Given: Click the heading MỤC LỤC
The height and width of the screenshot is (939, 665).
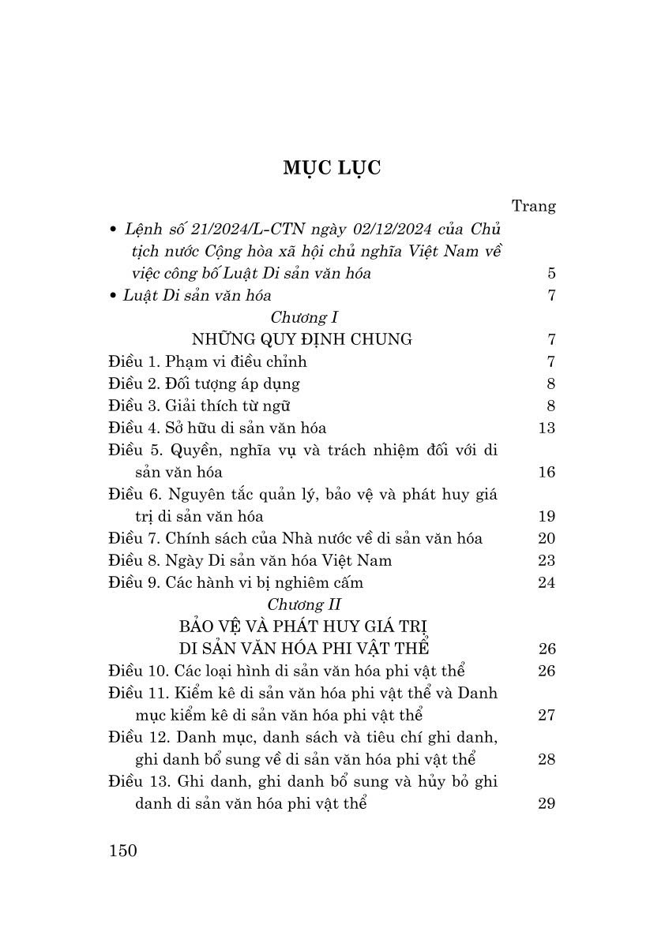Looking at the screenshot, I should click(332, 168).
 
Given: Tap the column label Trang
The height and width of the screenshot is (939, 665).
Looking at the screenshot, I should click(534, 207).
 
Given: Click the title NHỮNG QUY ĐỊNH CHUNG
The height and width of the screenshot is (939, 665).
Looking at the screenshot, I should click(302, 339).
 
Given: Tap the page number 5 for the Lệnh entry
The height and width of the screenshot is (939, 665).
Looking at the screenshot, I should click(550, 274).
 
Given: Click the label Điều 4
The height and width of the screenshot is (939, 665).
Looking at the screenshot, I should click(134, 428).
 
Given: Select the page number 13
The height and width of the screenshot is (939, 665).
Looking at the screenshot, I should click(546, 428).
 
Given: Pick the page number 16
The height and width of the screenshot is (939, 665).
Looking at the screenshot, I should click(546, 472).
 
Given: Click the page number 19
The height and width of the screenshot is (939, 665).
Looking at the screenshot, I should click(546, 516).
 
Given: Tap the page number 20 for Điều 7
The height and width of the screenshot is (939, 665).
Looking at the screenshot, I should click(546, 538).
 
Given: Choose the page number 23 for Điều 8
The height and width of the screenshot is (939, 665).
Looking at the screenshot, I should click(546, 560).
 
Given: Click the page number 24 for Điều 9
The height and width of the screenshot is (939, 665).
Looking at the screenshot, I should click(546, 582).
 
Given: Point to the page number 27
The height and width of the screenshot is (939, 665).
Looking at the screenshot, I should click(546, 715).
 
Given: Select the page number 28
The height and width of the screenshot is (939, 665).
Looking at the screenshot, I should click(546, 759).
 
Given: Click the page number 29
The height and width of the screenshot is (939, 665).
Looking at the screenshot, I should click(546, 803).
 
